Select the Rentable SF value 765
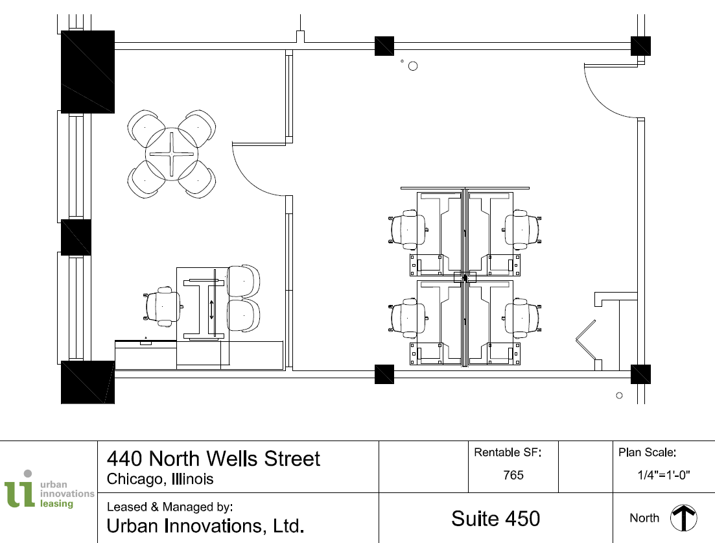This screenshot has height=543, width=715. point(513,475)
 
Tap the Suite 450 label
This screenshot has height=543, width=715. point(496,518)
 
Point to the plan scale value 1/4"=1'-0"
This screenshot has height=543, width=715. point(663,475)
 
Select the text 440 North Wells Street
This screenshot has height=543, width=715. point(213,459)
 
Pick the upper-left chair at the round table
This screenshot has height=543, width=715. point(147,127)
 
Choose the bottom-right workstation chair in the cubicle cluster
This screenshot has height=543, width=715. point(522,319)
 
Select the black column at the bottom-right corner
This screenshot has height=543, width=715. point(640,374)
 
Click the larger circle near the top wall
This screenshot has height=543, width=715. point(412,66)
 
